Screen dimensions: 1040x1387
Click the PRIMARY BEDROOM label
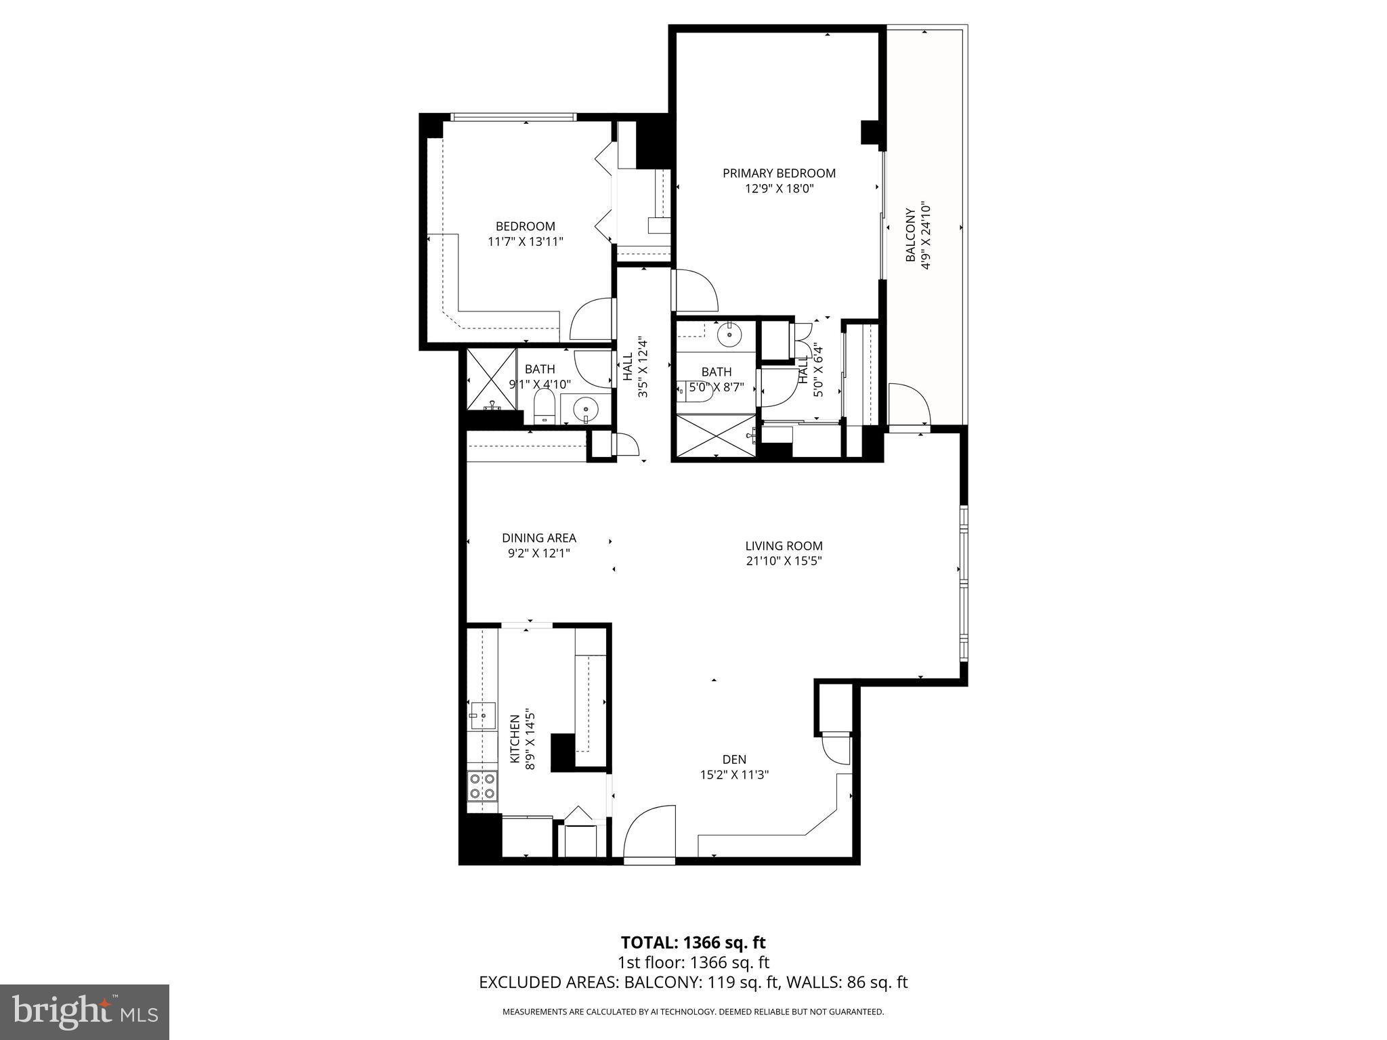coord(779,173)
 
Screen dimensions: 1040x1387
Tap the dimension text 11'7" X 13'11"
coord(526,242)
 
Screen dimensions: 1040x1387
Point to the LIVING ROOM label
coord(784,546)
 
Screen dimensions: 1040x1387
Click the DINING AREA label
coord(538,538)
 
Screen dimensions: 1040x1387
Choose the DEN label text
coord(734,760)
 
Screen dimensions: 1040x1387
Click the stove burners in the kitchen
coord(482,786)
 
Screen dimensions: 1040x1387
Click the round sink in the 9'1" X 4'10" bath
coord(584,408)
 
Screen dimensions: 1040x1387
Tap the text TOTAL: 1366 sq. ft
coord(693,942)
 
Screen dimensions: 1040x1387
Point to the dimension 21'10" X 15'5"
coord(784,561)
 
